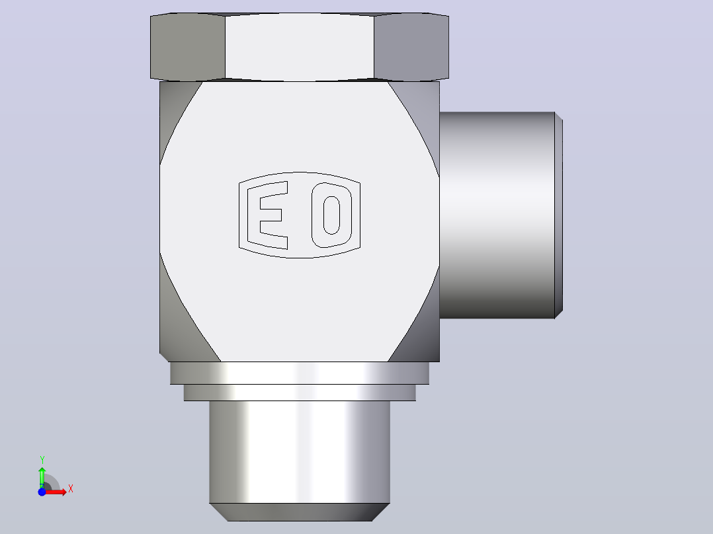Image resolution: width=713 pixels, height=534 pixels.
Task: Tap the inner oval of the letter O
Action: point(331,215)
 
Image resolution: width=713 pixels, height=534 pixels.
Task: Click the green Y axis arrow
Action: point(42,477)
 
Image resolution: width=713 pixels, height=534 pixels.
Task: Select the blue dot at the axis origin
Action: point(42,492)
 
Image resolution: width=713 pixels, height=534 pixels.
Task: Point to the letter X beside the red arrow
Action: point(71,489)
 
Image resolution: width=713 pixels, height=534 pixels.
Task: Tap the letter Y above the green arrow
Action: point(42,460)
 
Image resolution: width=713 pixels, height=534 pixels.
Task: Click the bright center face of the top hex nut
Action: point(299,48)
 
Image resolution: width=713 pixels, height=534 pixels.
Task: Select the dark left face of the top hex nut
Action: point(188,46)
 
